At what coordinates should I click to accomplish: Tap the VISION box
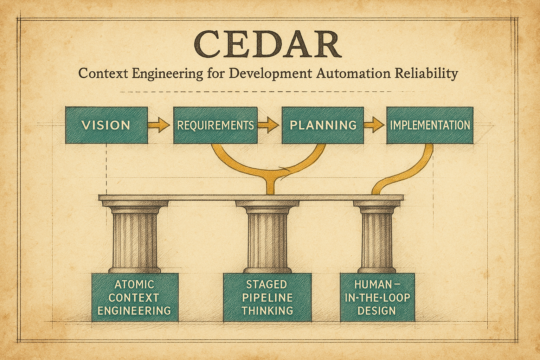[x=106, y=125]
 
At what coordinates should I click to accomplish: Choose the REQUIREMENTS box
[x=215, y=125]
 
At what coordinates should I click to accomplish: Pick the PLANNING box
[x=323, y=125]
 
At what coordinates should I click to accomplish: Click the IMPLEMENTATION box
[x=430, y=125]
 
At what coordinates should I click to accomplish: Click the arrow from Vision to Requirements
[x=159, y=125]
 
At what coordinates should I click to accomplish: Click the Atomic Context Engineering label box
[x=134, y=297]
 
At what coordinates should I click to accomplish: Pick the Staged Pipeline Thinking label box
[x=268, y=297]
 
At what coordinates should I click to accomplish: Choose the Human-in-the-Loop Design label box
[x=377, y=297]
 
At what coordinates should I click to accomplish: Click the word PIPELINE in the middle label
[x=268, y=298]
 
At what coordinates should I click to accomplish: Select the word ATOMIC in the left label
[x=134, y=284]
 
